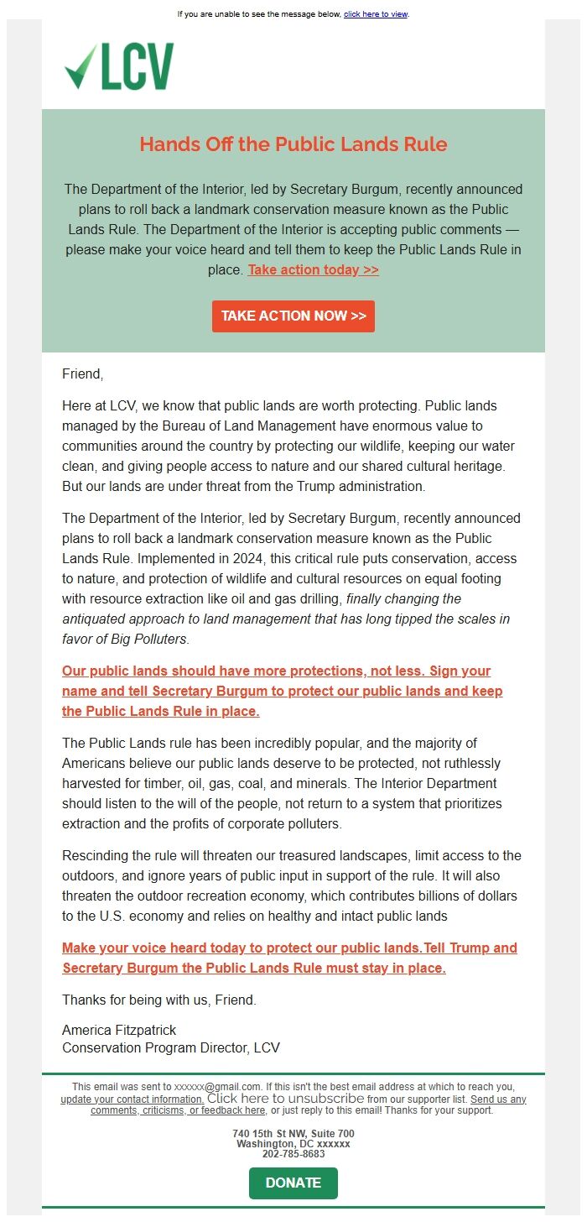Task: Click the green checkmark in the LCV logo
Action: (81, 67)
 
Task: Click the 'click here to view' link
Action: (375, 14)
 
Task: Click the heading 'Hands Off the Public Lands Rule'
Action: (293, 144)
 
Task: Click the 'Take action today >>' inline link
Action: (313, 269)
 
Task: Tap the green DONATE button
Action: (293, 1183)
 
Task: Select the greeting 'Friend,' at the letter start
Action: (82, 374)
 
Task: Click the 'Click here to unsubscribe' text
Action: (285, 1098)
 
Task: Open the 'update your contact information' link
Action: (132, 1099)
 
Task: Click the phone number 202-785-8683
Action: (293, 1154)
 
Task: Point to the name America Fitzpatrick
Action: (119, 1030)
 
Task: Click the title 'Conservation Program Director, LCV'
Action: (171, 1047)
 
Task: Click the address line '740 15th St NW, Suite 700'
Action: (293, 1134)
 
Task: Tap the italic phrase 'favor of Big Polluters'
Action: (125, 640)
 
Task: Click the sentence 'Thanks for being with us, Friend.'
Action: (159, 1000)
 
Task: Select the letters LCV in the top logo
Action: (138, 67)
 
